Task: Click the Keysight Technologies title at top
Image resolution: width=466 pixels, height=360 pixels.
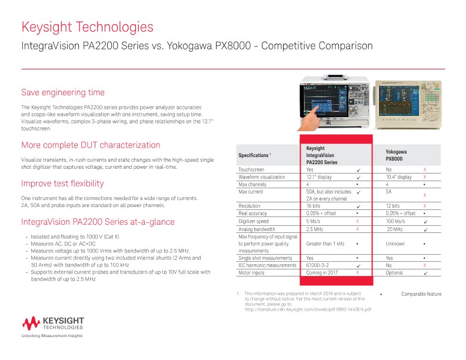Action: pyautogui.click(x=87, y=27)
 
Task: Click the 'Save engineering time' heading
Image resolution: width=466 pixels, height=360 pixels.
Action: pyautogui.click(x=63, y=92)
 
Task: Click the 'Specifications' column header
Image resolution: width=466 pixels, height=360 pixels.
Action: pyautogui.click(x=254, y=155)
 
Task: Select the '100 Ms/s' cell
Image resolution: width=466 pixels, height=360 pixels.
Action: pyautogui.click(x=395, y=221)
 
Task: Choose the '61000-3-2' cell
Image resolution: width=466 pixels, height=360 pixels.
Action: pyautogui.click(x=318, y=265)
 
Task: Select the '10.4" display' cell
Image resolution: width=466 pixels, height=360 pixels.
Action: pyautogui.click(x=398, y=176)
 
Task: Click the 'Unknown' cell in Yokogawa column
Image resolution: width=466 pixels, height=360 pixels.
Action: pyautogui.click(x=395, y=243)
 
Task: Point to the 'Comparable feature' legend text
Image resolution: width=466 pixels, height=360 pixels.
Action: pyautogui.click(x=421, y=294)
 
